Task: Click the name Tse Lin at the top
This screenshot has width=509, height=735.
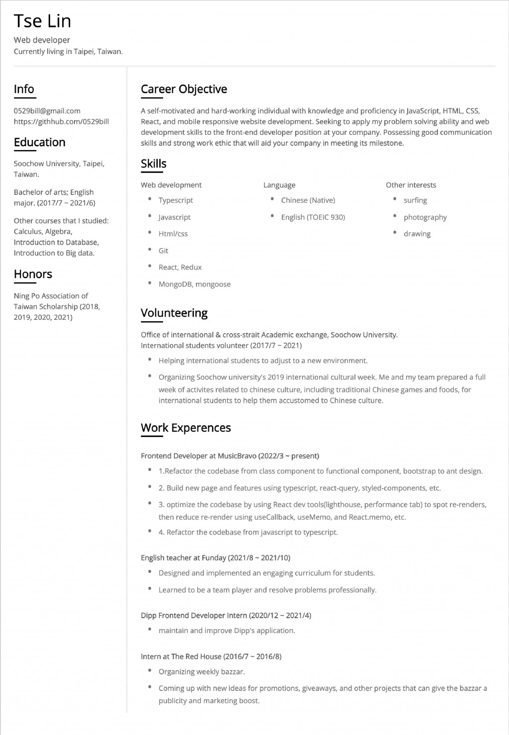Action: click(42, 21)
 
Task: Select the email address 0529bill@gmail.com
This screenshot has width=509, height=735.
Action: click(47, 110)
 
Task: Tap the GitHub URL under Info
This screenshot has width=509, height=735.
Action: click(61, 121)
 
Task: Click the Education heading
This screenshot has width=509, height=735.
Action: click(39, 142)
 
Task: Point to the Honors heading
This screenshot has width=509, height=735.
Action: click(33, 274)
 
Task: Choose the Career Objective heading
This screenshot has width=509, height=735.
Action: click(183, 89)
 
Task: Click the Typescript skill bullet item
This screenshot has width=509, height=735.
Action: click(175, 200)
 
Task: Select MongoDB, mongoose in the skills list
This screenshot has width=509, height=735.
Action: click(194, 284)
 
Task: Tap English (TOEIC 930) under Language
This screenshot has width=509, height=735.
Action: click(313, 217)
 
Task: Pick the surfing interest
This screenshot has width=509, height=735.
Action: click(415, 200)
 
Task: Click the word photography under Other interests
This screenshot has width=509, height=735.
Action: click(425, 217)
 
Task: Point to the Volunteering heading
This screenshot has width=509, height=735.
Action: click(174, 313)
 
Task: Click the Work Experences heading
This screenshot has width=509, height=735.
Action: click(185, 428)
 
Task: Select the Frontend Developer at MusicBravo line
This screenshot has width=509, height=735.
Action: click(230, 456)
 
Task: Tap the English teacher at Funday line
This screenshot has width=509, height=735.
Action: click(215, 557)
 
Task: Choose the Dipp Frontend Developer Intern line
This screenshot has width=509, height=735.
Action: click(226, 615)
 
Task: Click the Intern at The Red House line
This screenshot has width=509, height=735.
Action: click(211, 656)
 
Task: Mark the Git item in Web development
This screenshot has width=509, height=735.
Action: click(163, 251)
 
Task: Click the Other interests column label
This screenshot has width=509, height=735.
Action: click(411, 185)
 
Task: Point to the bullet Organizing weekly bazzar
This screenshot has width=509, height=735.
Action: click(201, 671)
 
